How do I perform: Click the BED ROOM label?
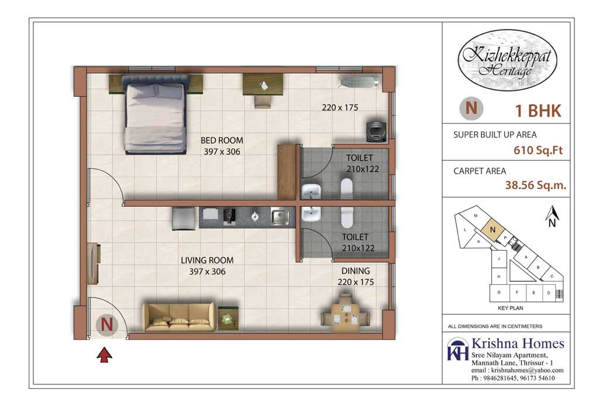pyautogui.click(x=222, y=141)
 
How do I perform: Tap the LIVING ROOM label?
pyautogui.click(x=206, y=261)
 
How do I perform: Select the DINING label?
pyautogui.click(x=356, y=271)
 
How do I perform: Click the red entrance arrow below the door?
pyautogui.click(x=105, y=354)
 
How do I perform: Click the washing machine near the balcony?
pyautogui.click(x=375, y=130)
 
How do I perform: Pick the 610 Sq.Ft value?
pyautogui.click(x=538, y=150)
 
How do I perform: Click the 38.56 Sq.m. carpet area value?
pyautogui.click(x=536, y=186)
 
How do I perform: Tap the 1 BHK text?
pyautogui.click(x=538, y=110)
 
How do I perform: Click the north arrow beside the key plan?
pyautogui.click(x=550, y=215)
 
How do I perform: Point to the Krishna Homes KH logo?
pyautogui.click(x=457, y=350)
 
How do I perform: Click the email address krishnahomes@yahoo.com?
pyautogui.click(x=517, y=370)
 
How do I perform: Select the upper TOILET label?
pyautogui.click(x=359, y=158)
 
